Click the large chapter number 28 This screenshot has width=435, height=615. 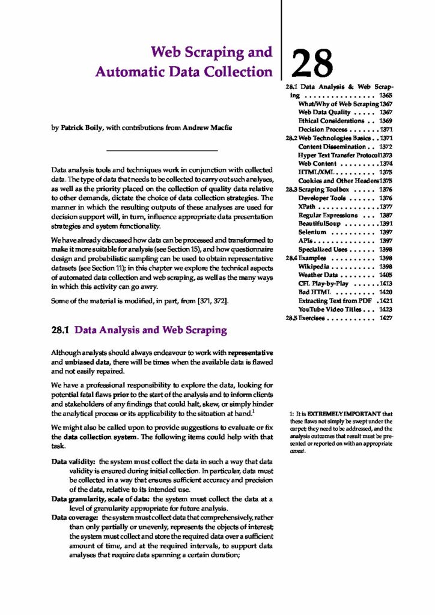tap(312, 63)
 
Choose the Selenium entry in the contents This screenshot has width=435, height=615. tap(312, 232)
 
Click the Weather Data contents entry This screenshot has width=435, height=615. tap(319, 274)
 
